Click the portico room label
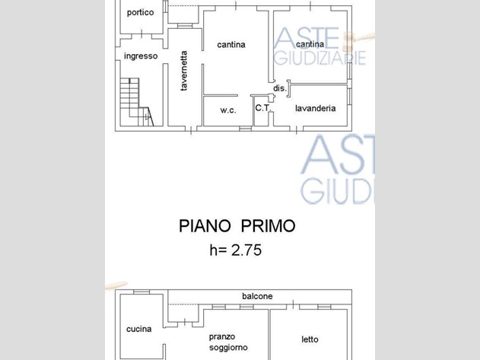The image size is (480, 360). [140, 13]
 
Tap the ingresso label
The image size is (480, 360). [141, 56]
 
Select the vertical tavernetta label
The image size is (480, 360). [183, 71]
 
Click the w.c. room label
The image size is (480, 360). [228, 110]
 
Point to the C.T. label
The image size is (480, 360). [262, 108]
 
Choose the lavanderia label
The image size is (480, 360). [315, 108]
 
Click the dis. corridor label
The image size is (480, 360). [280, 88]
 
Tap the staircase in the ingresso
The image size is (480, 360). [136, 102]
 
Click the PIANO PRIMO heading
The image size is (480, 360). [237, 226]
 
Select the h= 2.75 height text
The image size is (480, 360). [235, 250]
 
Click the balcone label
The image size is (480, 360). [257, 296]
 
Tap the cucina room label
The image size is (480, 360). [139, 329]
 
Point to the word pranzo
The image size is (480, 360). [222, 337]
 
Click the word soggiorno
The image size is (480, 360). [228, 347]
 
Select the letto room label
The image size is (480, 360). [310, 339]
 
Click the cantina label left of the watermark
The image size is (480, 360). [231, 45]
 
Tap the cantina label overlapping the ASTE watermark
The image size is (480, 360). [310, 44]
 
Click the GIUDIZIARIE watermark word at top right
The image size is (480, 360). [320, 58]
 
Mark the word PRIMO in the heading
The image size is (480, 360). [269, 226]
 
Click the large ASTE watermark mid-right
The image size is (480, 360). [338, 155]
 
